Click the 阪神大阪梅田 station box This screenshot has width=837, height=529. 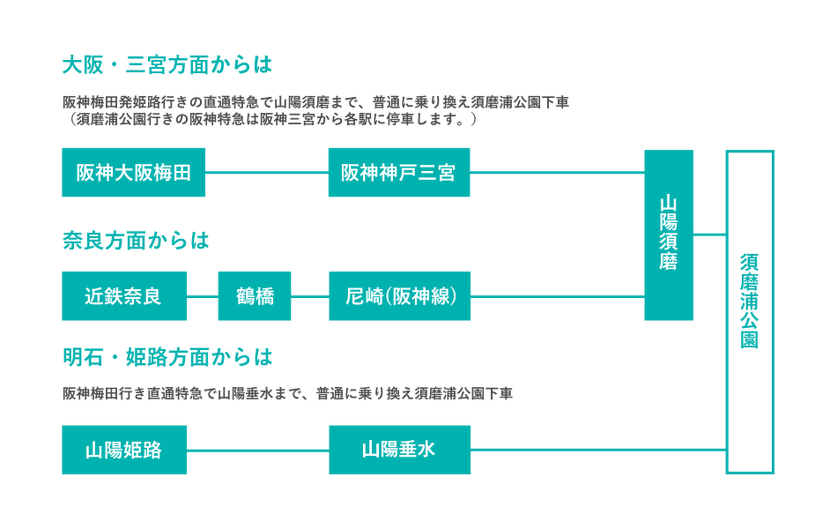pyautogui.click(x=133, y=173)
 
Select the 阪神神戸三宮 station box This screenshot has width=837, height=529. pyautogui.click(x=399, y=173)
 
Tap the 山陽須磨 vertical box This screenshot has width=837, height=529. pyautogui.click(x=668, y=235)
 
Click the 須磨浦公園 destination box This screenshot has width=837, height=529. pyautogui.click(x=750, y=312)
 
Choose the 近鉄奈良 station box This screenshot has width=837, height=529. pyautogui.click(x=123, y=296)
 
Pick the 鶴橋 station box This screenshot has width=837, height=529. pyautogui.click(x=255, y=296)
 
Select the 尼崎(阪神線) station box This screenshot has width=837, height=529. pyautogui.click(x=399, y=296)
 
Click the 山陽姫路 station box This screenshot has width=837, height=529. pyautogui.click(x=123, y=450)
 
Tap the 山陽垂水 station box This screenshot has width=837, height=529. pyautogui.click(x=399, y=450)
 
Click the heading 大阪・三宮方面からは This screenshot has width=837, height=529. pyautogui.click(x=167, y=65)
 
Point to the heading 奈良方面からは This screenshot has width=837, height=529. pyautogui.click(x=136, y=241)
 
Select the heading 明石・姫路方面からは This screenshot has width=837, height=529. pyautogui.click(x=167, y=357)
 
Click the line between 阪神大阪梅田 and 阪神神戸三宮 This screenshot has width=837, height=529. pyautogui.click(x=266, y=173)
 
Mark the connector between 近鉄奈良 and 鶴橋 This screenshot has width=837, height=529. pyautogui.click(x=202, y=296)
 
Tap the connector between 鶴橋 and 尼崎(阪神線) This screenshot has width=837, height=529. pyautogui.click(x=309, y=296)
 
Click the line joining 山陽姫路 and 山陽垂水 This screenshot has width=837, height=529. pyautogui.click(x=256, y=450)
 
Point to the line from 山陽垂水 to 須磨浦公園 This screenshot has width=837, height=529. pyautogui.click(x=598, y=450)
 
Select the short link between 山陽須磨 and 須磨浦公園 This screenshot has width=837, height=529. pyautogui.click(x=709, y=234)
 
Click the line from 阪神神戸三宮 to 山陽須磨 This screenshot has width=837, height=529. pyautogui.click(x=557, y=173)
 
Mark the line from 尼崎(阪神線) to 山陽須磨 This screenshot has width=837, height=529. pyautogui.click(x=557, y=296)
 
